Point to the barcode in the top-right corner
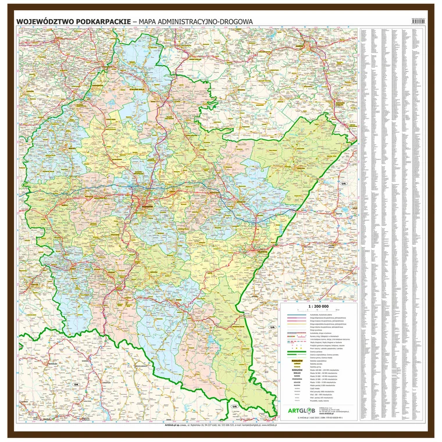(x=419, y=20)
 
